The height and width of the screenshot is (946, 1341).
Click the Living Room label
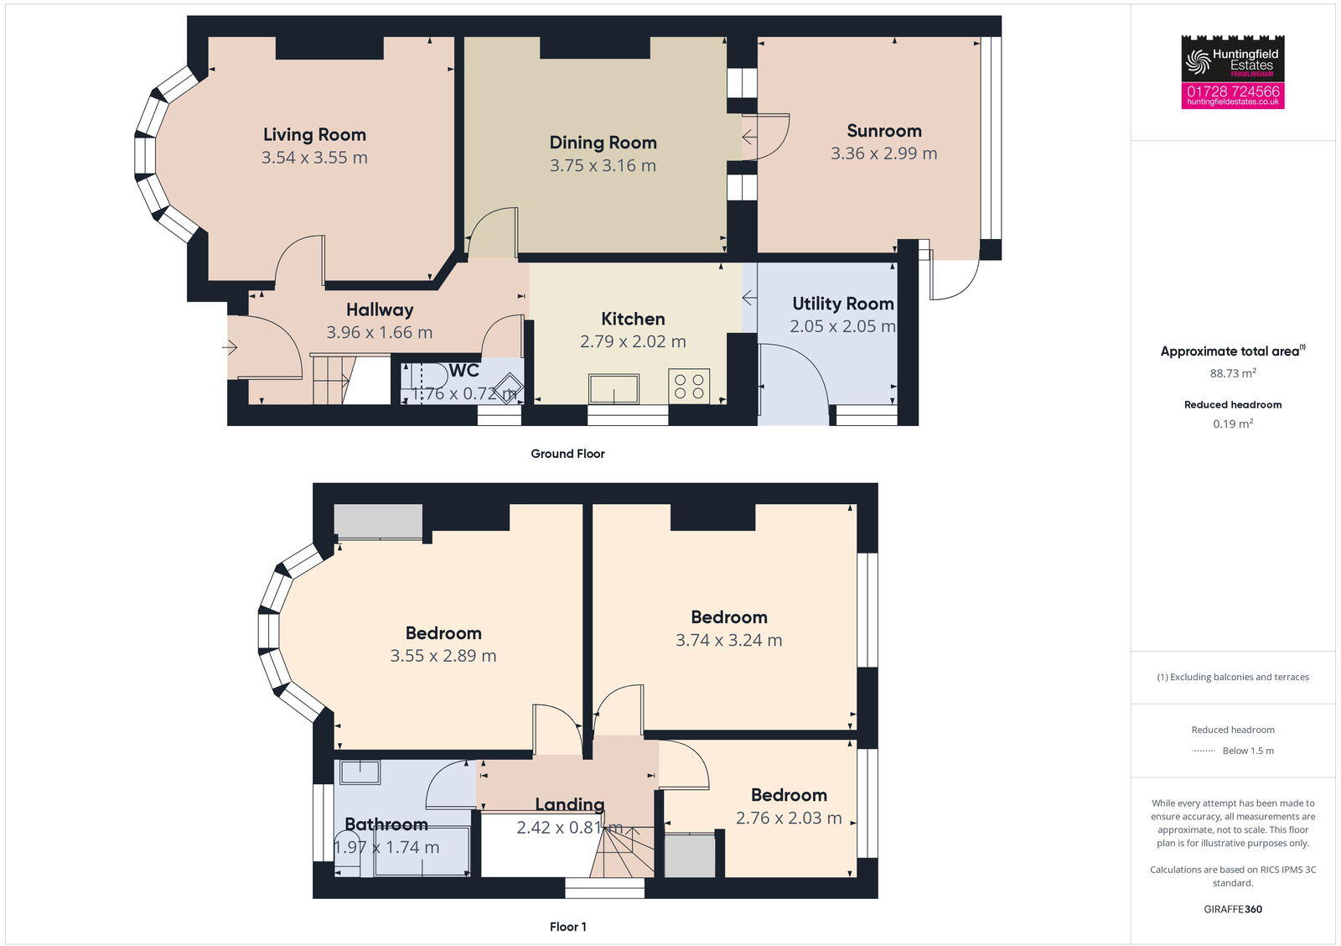click(314, 134)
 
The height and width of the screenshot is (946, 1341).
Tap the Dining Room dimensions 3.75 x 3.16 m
click(603, 166)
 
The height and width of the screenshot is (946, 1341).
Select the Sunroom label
click(884, 131)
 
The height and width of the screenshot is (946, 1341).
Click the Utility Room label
click(842, 304)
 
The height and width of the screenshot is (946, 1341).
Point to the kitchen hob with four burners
click(689, 386)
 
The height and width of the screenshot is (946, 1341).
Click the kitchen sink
click(614, 389)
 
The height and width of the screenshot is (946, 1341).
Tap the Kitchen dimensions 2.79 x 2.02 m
click(633, 342)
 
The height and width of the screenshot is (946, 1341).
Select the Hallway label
click(380, 309)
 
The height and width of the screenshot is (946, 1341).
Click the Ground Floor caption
click(567, 454)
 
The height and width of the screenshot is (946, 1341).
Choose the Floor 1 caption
click(567, 927)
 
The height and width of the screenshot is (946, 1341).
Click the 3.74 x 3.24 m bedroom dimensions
click(728, 641)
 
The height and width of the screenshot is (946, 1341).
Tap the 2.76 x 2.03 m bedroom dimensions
click(789, 819)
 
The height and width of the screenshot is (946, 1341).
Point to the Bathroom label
click(386, 824)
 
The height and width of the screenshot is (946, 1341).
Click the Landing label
click(569, 805)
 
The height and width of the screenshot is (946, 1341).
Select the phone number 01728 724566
click(1233, 91)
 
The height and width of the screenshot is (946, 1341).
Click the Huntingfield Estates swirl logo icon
click(1198, 60)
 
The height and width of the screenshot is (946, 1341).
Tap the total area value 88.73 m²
click(1233, 374)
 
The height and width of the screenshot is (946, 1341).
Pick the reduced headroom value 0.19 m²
click(1233, 424)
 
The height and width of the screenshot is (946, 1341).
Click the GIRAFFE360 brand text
click(1233, 909)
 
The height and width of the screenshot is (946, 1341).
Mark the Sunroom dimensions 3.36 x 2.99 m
click(884, 153)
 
